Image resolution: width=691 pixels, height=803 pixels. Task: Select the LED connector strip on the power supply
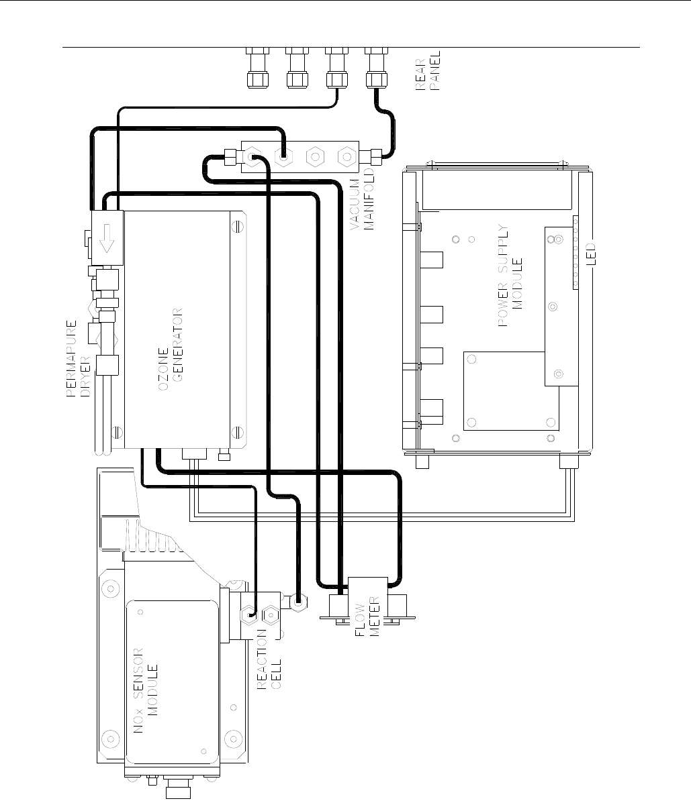[x=576, y=252]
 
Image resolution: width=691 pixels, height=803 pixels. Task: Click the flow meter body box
[x=367, y=601]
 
